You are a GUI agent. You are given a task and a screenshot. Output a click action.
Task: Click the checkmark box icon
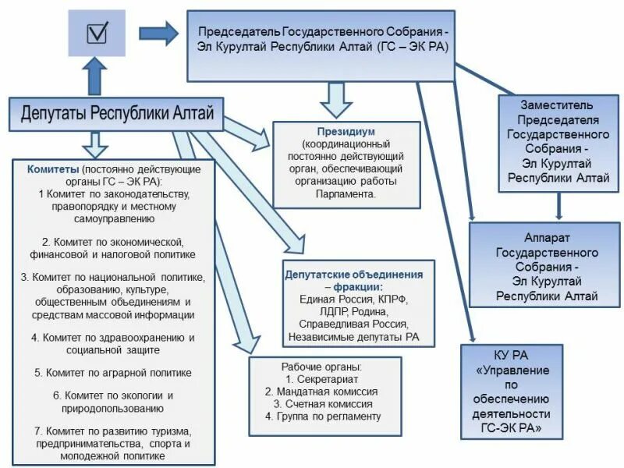tap(98, 34)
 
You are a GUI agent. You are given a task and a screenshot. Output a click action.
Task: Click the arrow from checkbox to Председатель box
tap(158, 33)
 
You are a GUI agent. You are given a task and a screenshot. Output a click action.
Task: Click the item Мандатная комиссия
tap(321, 392)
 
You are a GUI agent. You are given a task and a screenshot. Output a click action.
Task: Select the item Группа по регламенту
tap(322, 417)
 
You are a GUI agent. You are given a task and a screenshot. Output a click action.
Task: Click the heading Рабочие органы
tap(321, 367)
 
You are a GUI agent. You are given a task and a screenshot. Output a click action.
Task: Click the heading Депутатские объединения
tap(354, 275)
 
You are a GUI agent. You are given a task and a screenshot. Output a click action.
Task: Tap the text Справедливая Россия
tap(358, 324)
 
